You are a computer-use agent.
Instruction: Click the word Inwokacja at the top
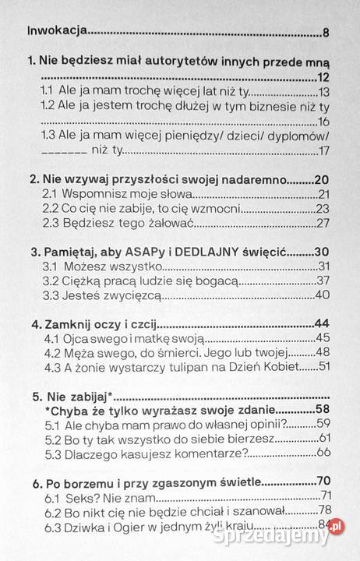tap(57, 33)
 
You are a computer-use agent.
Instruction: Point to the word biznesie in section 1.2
tap(259, 107)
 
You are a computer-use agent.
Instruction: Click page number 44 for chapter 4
tap(323, 324)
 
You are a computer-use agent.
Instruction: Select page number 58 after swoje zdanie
tap(323, 411)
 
